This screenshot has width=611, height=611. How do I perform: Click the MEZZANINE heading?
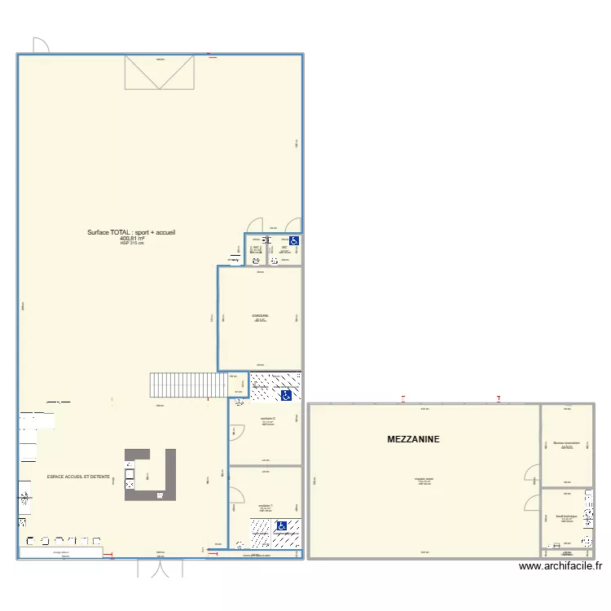pos(413,439)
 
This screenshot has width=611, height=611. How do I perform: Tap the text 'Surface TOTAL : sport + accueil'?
pos(131,232)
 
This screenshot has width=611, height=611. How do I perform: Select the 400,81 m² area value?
pos(131,238)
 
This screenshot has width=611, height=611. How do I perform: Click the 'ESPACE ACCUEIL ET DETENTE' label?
pos(78,476)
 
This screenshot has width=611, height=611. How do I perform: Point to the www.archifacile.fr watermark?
pos(560,566)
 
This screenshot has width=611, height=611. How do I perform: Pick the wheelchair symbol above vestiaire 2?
pos(286,396)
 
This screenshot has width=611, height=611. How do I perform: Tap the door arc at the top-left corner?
pos(40,46)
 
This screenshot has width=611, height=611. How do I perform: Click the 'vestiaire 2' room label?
pos(268,419)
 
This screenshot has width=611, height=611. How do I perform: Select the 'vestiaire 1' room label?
pos(266,505)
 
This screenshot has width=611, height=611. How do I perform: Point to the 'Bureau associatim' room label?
pos(566,444)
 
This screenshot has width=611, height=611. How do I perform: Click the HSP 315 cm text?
pos(131,244)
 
